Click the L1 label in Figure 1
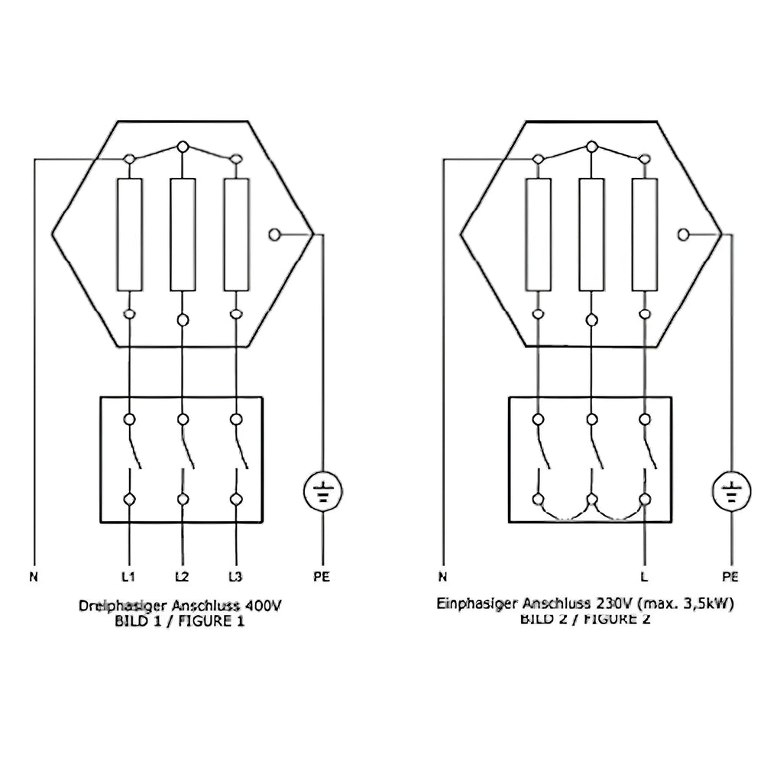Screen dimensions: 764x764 click(x=128, y=577)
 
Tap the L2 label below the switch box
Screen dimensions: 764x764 click(x=182, y=577)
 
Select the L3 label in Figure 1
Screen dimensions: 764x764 click(x=235, y=577)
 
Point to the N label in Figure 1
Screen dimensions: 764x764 click(x=34, y=577)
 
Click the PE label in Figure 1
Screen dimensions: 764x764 click(x=322, y=577)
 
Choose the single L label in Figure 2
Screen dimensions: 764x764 click(x=644, y=577)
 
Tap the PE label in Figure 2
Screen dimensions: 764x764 click(x=730, y=577)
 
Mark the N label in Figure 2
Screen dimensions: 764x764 click(x=442, y=577)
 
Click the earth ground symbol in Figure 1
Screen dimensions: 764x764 click(x=322, y=491)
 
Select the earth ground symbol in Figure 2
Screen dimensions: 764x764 click(x=731, y=491)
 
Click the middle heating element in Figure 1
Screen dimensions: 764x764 click(x=183, y=235)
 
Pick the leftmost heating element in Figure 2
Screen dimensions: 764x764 click(x=539, y=235)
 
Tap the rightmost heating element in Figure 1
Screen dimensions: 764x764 click(x=236, y=235)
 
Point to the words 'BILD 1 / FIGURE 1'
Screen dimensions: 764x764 click(x=180, y=621)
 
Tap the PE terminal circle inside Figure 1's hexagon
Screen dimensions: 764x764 click(x=274, y=235)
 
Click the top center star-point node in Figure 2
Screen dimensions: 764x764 click(x=592, y=147)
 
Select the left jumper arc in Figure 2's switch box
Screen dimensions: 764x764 click(x=565, y=512)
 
